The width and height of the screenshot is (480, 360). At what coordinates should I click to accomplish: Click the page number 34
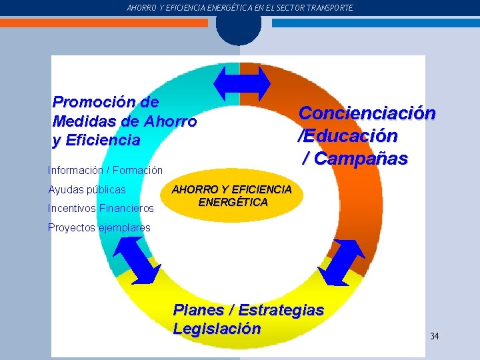pos(434,336)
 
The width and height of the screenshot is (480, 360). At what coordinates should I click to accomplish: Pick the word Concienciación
pos(367,113)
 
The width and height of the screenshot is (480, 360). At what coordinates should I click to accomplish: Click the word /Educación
pos(347,136)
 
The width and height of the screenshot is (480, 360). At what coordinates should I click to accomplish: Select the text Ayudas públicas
pos(87,190)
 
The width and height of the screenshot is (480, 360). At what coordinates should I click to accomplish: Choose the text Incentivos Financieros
pos(101,209)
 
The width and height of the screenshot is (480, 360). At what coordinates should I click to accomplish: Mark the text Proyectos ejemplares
pos(99,227)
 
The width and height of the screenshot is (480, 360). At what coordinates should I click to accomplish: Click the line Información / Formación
pos(105,171)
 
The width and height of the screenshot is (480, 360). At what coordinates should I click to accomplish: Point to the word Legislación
pos(217,329)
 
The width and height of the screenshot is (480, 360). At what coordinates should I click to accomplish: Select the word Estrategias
pos(281,310)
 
